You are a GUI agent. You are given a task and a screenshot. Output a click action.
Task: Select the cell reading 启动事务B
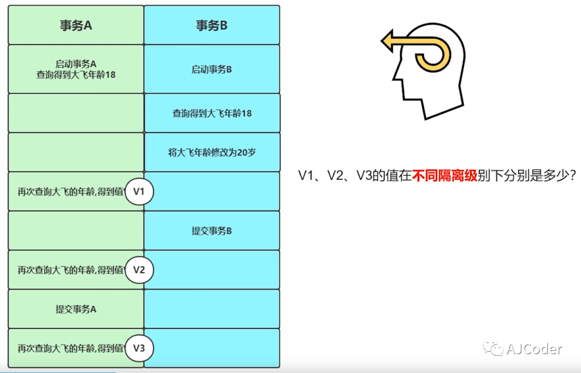coord(211,69)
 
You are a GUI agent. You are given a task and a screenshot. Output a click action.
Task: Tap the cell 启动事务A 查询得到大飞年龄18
coord(76,69)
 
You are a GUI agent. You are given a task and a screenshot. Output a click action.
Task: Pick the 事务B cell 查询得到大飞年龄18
coord(212,114)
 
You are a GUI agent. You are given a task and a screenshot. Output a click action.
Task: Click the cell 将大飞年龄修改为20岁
coord(212,152)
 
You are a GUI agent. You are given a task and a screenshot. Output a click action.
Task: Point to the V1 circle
coord(139,192)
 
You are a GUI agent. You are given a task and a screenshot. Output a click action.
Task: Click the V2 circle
coord(139,270)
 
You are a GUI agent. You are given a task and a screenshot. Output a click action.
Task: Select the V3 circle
coord(139,348)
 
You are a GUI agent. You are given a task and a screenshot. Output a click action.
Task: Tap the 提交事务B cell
coord(211,231)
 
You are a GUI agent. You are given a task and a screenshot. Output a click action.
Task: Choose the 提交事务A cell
coord(76,309)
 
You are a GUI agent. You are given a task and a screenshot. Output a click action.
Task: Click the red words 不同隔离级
coord(445,176)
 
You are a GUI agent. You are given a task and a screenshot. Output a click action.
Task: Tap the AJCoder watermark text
coord(534,349)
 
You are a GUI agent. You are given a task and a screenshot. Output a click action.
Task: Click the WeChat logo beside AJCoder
coord(493,349)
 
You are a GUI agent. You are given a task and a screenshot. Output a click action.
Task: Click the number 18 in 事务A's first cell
coord(110,75)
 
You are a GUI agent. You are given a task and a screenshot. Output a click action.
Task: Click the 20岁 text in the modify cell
coord(246,152)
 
